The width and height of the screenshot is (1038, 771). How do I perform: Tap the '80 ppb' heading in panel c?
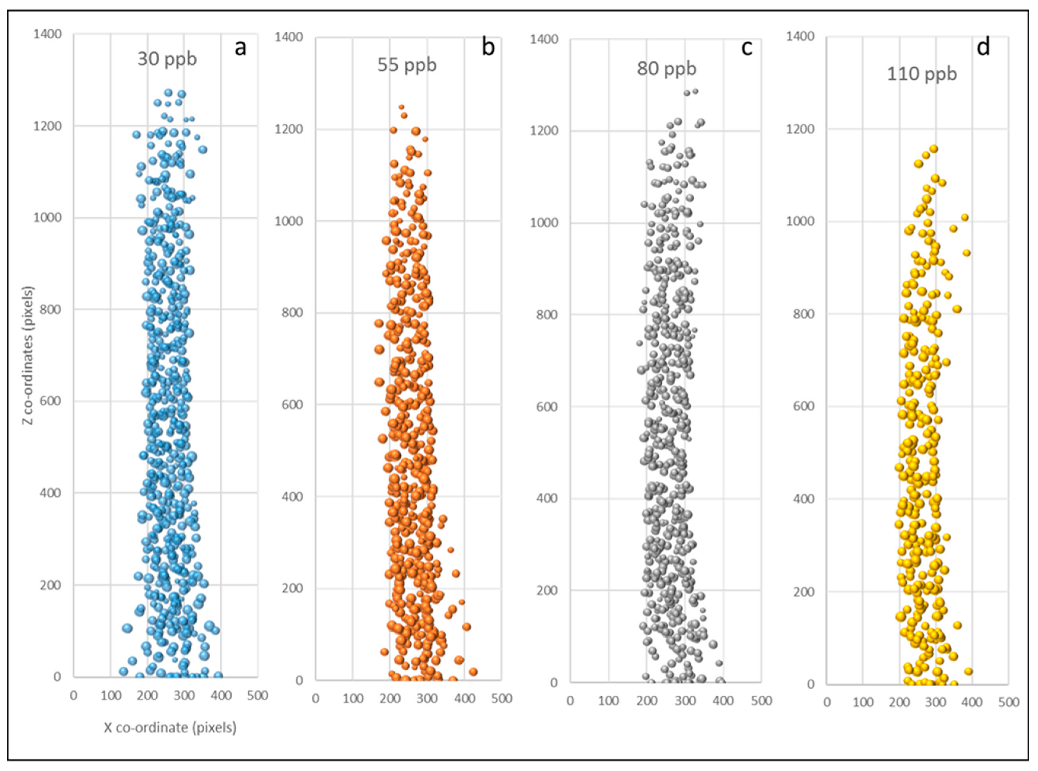pyautogui.click(x=666, y=68)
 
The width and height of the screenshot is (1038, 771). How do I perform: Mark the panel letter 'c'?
pyautogui.click(x=747, y=48)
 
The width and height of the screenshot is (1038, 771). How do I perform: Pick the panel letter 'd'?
pyautogui.click(x=983, y=48)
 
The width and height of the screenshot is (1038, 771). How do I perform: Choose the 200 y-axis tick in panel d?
pyautogui.click(x=802, y=592)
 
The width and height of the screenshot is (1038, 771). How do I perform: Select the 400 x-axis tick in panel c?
pyautogui.click(x=723, y=701)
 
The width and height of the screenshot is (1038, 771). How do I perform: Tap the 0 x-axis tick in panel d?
pyautogui.click(x=827, y=703)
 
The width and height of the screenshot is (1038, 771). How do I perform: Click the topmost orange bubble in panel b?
pyautogui.click(x=401, y=107)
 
